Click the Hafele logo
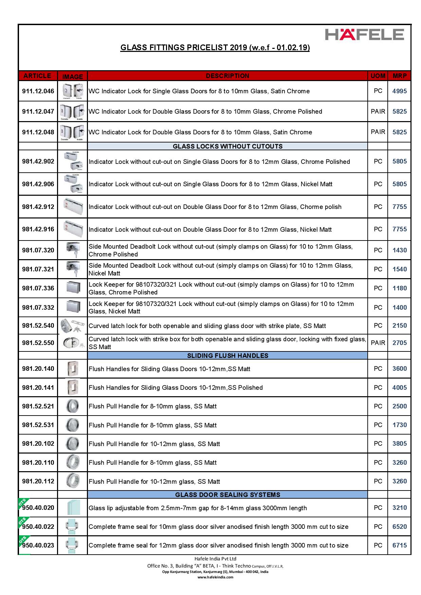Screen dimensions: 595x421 [364, 35]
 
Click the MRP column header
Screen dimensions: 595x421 [399, 76]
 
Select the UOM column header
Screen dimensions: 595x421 [378, 76]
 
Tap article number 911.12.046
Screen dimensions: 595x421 [38, 91]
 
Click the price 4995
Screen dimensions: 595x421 [399, 91]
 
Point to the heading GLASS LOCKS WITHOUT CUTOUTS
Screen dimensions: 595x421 [227, 147]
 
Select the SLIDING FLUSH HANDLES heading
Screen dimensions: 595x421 [227, 356]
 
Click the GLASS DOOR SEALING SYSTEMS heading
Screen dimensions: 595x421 [227, 495]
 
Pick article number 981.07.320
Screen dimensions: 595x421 [38, 250]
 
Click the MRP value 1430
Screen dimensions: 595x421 [399, 250]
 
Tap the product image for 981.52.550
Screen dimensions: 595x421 [72, 343]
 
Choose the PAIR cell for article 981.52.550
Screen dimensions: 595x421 [378, 343]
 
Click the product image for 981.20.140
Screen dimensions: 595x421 [72, 369]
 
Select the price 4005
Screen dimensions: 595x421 [399, 387]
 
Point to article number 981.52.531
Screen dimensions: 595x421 [38, 425]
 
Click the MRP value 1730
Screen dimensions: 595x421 [399, 425]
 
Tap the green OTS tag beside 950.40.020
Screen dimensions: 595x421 [24, 503]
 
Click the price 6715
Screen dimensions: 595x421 [399, 545]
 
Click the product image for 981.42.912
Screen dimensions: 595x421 [72, 207]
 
